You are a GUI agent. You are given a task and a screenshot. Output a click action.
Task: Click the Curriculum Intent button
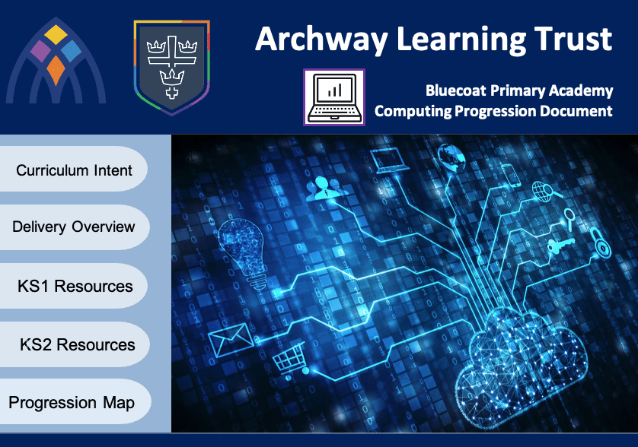tap(73, 169)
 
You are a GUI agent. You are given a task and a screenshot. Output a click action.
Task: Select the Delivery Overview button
tap(74, 227)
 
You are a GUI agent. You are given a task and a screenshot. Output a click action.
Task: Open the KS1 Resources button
tap(73, 286)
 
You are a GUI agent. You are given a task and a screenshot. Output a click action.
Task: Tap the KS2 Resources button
tap(74, 344)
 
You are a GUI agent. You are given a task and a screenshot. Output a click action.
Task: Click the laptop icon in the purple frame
tap(334, 97)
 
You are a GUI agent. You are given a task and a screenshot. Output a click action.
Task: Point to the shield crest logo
tap(172, 68)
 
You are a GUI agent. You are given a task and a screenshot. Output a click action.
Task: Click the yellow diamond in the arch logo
tap(56, 34)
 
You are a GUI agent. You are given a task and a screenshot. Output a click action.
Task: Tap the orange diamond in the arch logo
tap(56, 70)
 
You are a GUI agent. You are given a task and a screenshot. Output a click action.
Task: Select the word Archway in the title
tap(321, 40)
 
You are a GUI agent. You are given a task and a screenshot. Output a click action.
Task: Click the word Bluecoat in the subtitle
tap(455, 90)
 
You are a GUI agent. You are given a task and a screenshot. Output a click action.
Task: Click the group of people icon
tap(327, 188)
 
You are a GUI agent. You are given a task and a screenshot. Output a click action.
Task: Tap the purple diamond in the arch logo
tap(40, 51)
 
